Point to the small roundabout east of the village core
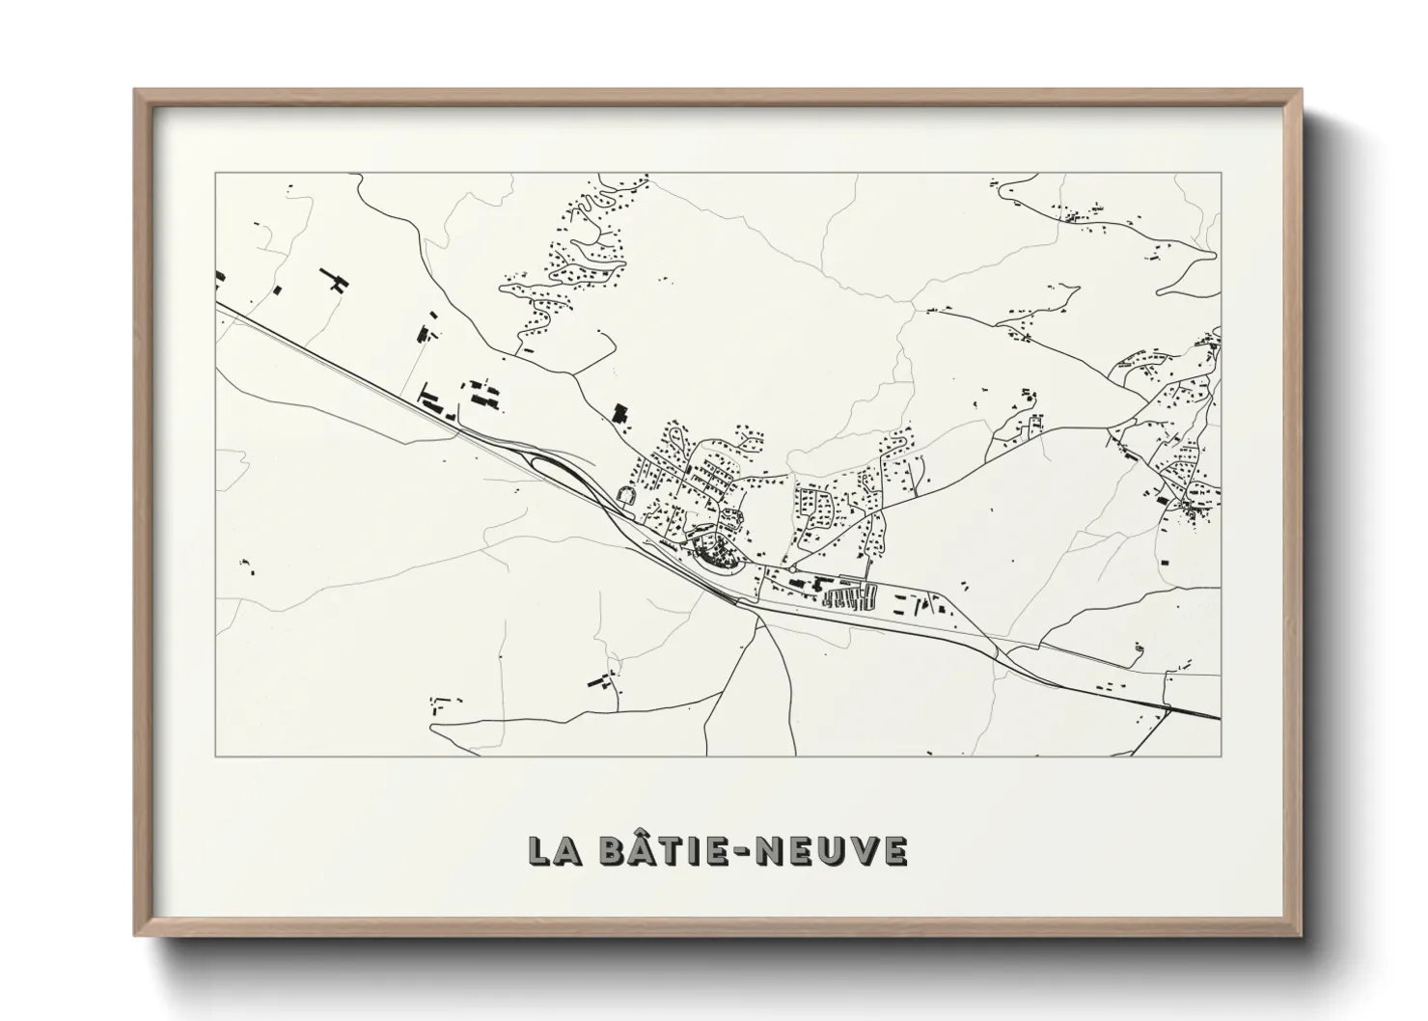click(x=792, y=570)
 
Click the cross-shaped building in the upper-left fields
click(x=337, y=281)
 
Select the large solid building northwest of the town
click(x=619, y=414)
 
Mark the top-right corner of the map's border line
click(x=1222, y=173)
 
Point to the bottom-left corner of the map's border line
click(x=215, y=757)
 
